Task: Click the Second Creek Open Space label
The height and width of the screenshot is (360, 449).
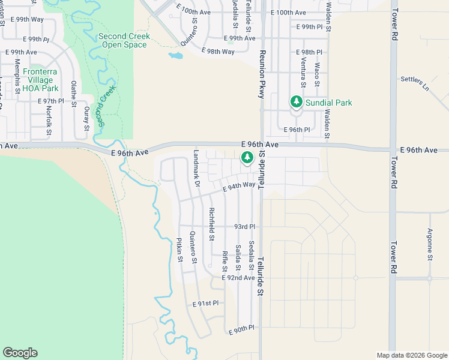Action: pos(124,40)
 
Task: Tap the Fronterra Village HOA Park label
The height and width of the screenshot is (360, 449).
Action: pos(40,80)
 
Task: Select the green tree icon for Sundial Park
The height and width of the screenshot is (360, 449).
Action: pos(295,102)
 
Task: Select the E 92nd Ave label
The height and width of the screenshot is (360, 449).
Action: pos(238,278)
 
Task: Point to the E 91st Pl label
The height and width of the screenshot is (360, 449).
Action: pos(206,304)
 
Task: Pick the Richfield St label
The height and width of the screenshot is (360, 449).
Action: pos(211,223)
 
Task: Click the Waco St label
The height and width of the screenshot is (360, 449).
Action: pos(317,76)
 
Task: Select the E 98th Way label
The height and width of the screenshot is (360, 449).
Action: pos(218,52)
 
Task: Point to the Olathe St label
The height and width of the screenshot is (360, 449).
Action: pos(73,94)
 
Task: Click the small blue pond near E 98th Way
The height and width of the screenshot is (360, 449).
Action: pos(175,56)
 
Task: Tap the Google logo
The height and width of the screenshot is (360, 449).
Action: pos(20,353)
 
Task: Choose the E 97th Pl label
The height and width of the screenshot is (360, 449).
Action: pos(50,101)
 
